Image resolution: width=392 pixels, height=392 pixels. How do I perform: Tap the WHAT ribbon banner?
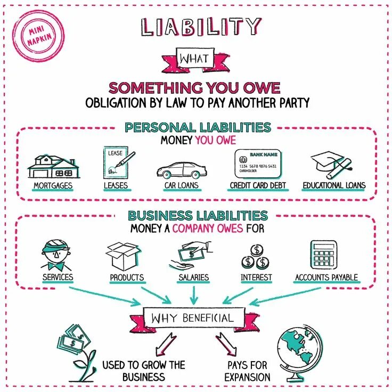[x=195, y=59]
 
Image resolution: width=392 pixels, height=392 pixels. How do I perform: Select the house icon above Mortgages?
[x=53, y=166]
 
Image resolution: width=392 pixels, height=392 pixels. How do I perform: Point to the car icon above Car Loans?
[x=181, y=169]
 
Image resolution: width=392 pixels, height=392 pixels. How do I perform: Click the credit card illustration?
[x=258, y=164]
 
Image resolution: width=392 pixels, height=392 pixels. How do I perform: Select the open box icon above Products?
[x=125, y=255]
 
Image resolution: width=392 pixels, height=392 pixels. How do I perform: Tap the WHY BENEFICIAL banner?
[x=192, y=318]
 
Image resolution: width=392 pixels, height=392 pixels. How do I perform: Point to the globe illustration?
[x=299, y=351]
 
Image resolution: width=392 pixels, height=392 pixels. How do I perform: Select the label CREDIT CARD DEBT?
[x=258, y=186]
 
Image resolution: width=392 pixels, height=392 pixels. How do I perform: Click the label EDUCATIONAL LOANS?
[x=334, y=186]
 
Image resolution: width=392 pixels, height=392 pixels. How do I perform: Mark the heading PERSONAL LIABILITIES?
[x=197, y=128]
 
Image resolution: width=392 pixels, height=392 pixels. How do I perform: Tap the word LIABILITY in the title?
[x=201, y=27]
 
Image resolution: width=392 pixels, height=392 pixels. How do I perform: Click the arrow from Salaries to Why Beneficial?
[x=193, y=294]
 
